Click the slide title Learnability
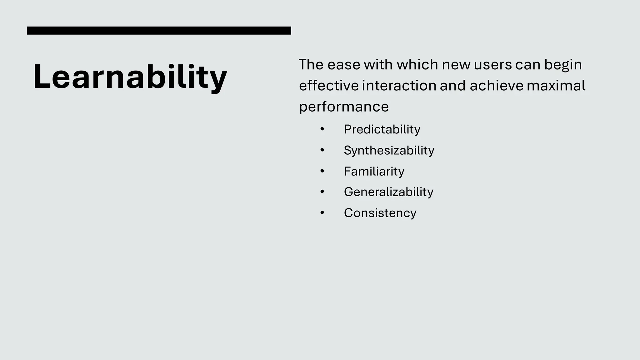[x=130, y=77]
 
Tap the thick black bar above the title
[x=159, y=31]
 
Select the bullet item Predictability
[x=382, y=129]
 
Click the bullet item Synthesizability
[x=389, y=150]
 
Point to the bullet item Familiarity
[x=374, y=171]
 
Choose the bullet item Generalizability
[x=388, y=192]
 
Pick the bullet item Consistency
[x=380, y=213]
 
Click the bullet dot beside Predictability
[x=322, y=129]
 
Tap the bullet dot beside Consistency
[x=322, y=213]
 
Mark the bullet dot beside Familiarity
[x=322, y=171]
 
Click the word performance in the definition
[x=344, y=107]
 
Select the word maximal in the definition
[x=556, y=86]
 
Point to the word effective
[x=329, y=86]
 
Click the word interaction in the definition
[x=399, y=86]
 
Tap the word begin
[x=563, y=65]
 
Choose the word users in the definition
[x=493, y=65]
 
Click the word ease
[x=343, y=65]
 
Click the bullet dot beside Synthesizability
[x=322, y=150]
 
